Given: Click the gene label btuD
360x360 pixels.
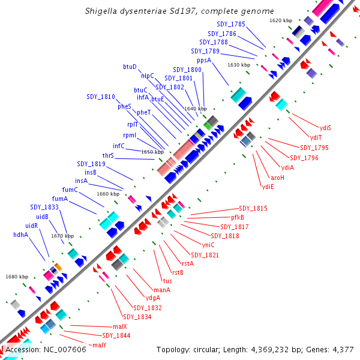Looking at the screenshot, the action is click(x=130, y=66).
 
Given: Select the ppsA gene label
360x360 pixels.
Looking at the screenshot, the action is click(x=204, y=60).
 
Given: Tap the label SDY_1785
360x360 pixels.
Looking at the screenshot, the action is click(x=231, y=24).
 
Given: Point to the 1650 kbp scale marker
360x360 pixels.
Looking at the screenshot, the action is click(x=152, y=152).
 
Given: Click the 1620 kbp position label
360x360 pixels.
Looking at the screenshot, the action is click(x=281, y=20).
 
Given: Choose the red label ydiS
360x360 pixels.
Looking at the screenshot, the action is click(x=326, y=127).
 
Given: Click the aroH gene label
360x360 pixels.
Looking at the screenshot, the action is click(x=278, y=178).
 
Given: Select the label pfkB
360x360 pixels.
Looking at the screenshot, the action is click(x=238, y=217).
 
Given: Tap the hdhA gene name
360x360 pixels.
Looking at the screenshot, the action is click(x=21, y=235).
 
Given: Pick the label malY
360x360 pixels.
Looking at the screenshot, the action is click(x=100, y=345).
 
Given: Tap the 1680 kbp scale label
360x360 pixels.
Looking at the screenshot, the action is click(x=17, y=277).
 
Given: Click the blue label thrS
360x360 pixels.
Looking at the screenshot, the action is click(x=108, y=155).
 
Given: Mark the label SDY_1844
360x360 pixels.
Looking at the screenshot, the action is click(x=116, y=335).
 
